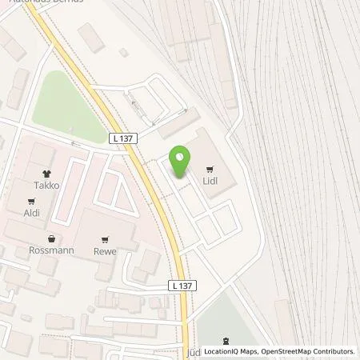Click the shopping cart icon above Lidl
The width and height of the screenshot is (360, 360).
[x=210, y=169]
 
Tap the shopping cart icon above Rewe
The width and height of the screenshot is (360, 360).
[x=105, y=239]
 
